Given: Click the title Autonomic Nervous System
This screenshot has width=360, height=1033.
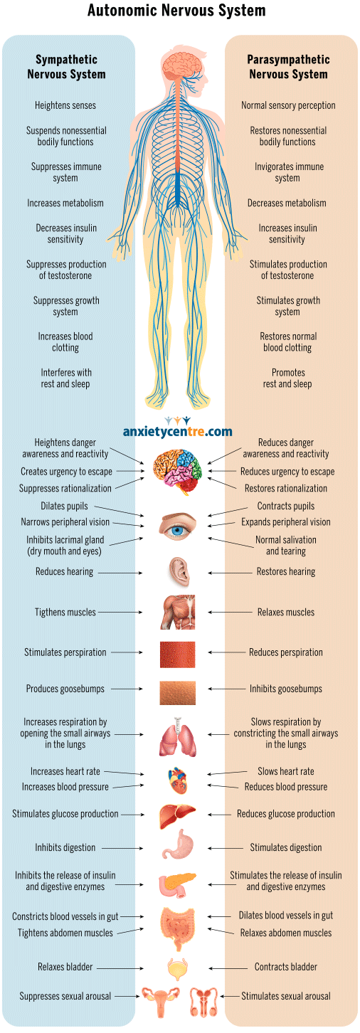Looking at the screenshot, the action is point(176,10).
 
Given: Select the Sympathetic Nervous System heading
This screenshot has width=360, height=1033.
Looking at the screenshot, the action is point(66,67).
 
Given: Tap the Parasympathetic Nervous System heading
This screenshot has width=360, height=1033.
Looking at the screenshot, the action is point(289,67).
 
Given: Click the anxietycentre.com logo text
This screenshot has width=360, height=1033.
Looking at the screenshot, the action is point(177,432).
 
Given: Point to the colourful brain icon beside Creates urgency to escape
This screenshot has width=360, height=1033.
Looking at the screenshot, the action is point(177,472).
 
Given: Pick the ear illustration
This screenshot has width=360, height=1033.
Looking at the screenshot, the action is point(179,572).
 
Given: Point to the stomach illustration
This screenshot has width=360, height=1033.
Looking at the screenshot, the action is point(178,844).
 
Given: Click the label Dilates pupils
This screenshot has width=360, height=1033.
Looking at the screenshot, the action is point(64,506).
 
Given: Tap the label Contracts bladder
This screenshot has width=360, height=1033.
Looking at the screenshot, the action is point(286,967).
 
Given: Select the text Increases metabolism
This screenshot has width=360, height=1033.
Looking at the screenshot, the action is point(65,203).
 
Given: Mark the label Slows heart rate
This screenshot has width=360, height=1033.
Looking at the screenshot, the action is point(286,771).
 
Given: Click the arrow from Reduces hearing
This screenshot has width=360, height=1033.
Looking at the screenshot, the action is point(120,573).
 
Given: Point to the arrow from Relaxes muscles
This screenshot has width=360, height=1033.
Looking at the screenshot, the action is point(227,613).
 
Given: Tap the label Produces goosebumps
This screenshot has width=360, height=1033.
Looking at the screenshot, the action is point(65,689).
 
